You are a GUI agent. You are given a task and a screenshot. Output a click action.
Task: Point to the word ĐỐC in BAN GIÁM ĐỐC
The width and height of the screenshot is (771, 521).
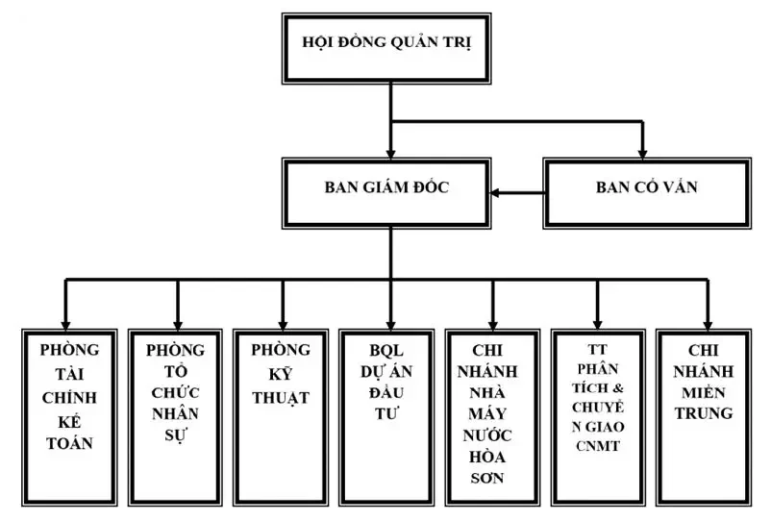tap(430, 189)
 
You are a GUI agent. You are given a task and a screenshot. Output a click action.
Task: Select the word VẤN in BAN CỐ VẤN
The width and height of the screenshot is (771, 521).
tap(680, 189)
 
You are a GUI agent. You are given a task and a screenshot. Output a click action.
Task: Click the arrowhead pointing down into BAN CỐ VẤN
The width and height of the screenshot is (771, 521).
tap(644, 152)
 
